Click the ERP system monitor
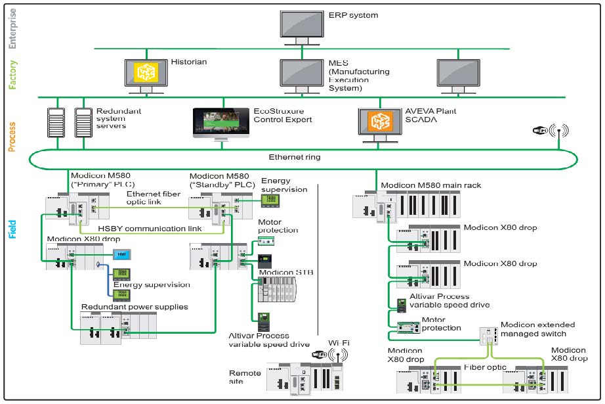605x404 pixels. (x=302, y=28)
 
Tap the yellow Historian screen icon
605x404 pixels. (x=146, y=72)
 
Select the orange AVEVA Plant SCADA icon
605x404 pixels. (x=380, y=122)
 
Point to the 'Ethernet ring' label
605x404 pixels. (x=295, y=157)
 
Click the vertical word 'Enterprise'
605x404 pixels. (x=12, y=29)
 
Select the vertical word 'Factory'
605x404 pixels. (x=12, y=74)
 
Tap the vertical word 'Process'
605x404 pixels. (x=12, y=137)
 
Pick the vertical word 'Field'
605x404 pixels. (x=12, y=229)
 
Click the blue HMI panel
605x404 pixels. (x=122, y=254)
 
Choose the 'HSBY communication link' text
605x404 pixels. (x=150, y=229)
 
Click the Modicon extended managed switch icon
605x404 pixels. (x=488, y=336)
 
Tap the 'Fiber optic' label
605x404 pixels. (x=485, y=367)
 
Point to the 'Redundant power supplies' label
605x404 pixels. (x=135, y=307)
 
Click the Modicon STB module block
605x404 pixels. (x=277, y=290)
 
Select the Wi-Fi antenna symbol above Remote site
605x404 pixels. (x=338, y=355)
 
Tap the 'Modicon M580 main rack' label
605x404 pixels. (x=431, y=185)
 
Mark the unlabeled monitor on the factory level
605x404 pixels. (x=458, y=76)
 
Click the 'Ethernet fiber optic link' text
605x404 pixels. (x=153, y=198)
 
